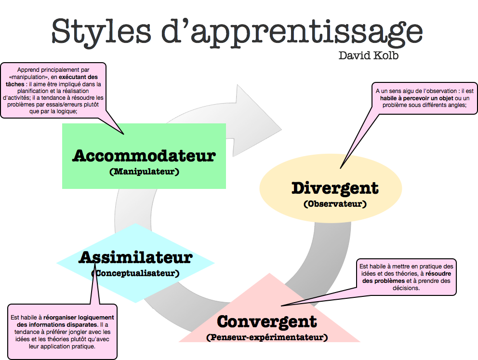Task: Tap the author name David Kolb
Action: tap(369, 55)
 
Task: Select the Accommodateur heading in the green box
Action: tap(144, 156)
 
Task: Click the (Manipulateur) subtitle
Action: tap(144, 171)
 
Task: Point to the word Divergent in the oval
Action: tap(335, 188)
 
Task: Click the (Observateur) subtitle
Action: tap(335, 204)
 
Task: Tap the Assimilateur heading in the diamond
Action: tap(135, 257)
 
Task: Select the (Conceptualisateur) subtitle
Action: tap(135, 273)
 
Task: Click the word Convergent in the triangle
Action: tap(267, 321)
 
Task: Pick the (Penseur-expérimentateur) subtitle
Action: tap(267, 337)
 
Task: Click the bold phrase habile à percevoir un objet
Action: tap(409, 98)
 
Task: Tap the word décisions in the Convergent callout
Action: tap(407, 288)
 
